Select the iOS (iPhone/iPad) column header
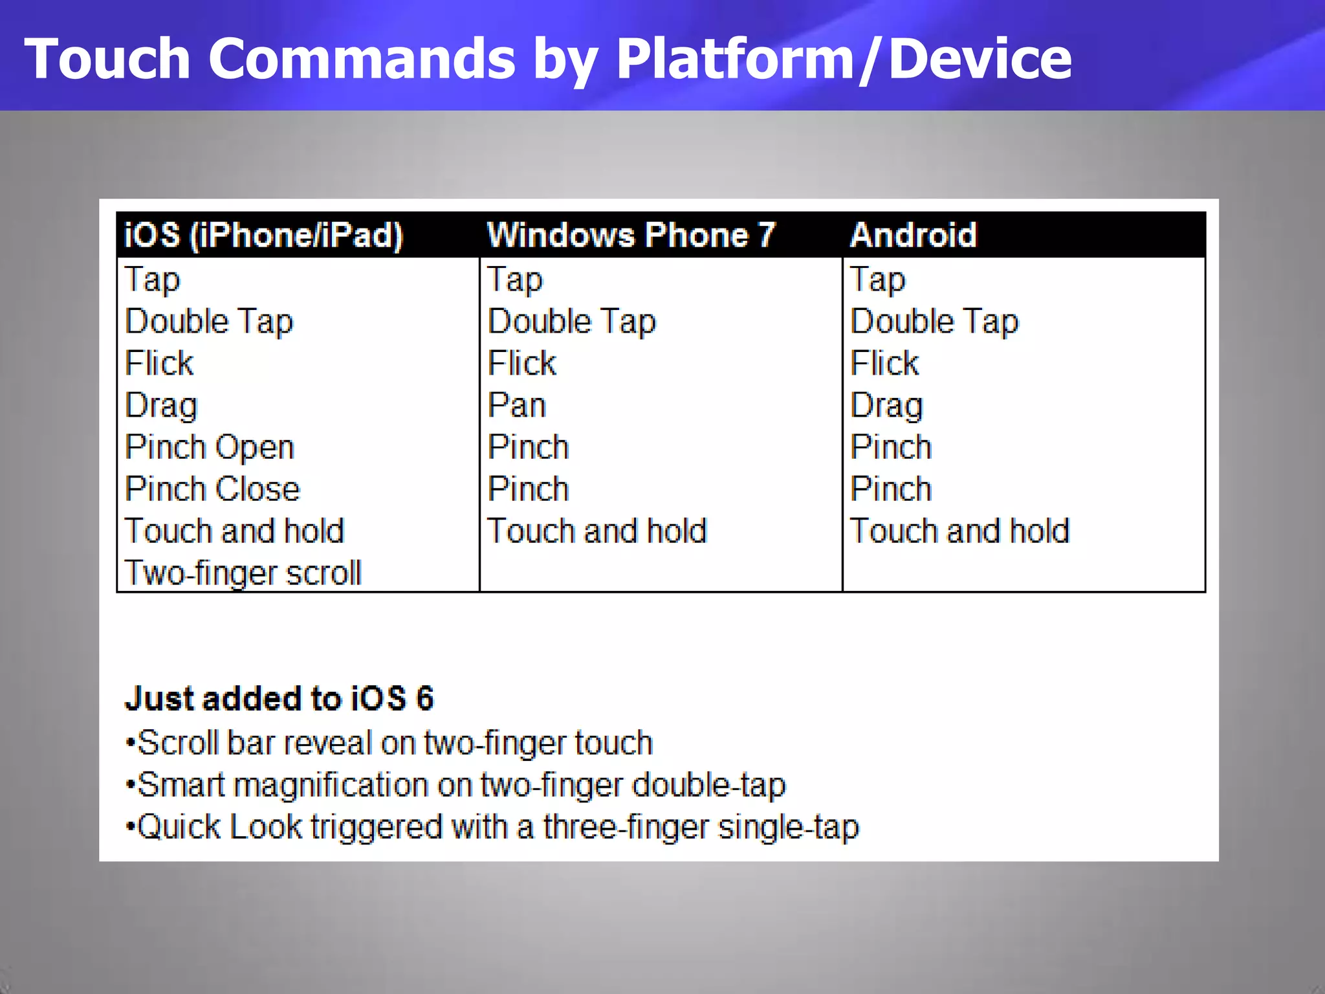point(263,234)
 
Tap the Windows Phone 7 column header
point(631,234)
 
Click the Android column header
point(913,234)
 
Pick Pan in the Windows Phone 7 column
point(517,406)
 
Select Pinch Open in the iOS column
point(210,448)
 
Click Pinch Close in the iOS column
point(212,489)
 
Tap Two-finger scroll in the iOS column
point(243,573)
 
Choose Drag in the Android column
point(886,406)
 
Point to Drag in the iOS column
point(161,406)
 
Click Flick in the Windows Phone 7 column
point(521,363)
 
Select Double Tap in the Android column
point(934,322)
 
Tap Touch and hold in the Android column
point(959,531)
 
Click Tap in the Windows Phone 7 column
point(515,280)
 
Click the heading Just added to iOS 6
point(279,699)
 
